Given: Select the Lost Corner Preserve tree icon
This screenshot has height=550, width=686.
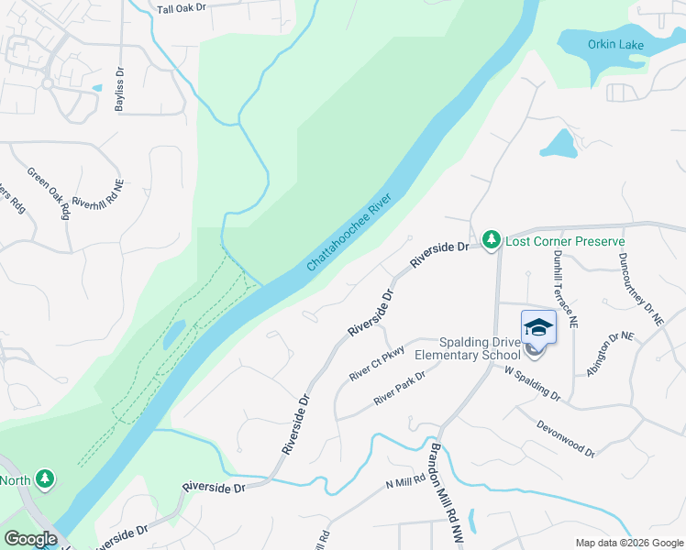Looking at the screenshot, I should pos(492,241).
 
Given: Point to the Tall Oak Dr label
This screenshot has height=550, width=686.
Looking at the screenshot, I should pos(183,8).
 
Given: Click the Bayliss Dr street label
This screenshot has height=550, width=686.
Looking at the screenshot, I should pos(119,90).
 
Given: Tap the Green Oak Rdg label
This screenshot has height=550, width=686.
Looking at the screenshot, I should pos(49,192).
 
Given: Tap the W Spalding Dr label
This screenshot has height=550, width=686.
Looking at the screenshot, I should pos(533,382).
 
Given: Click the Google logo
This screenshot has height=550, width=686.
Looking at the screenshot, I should pos(29,539).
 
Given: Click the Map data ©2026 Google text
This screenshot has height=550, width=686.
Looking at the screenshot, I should pos(629,543).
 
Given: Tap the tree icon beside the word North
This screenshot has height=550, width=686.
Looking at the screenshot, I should pos(44,479).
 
